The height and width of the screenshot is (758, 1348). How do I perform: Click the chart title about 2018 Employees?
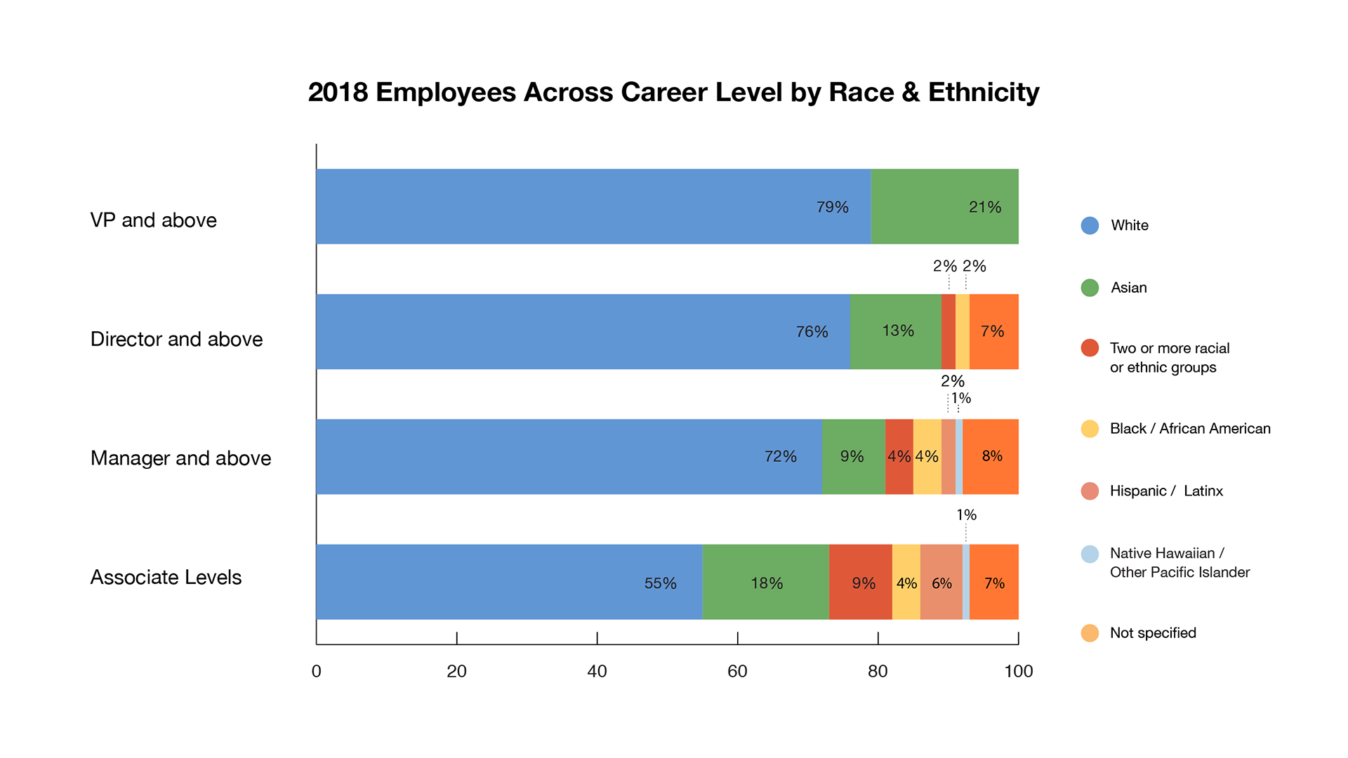[673, 92]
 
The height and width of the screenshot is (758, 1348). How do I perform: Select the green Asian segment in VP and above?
[944, 206]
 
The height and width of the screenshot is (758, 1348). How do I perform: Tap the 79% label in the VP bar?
[833, 207]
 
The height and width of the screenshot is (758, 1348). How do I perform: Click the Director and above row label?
[176, 339]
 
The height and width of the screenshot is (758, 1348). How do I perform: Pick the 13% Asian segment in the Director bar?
[895, 331]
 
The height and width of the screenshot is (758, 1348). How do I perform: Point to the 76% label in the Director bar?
[812, 331]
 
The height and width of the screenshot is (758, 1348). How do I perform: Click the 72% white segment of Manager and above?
[569, 456]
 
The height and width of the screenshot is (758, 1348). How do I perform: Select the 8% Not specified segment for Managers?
[991, 456]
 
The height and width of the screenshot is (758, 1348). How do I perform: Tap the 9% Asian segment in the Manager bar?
[853, 456]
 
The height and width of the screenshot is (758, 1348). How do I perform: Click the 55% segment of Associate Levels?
[509, 582]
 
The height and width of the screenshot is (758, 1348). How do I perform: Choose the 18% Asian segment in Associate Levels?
[765, 582]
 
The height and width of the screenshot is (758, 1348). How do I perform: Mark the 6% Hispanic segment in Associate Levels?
[941, 582]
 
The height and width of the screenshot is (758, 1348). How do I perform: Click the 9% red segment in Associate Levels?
[860, 582]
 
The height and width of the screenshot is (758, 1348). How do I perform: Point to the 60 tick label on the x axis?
[737, 671]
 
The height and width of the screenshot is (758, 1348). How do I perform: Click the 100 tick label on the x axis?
[1018, 671]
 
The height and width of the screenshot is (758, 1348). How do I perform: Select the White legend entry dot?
[1090, 225]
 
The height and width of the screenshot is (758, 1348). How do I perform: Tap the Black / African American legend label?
[1190, 428]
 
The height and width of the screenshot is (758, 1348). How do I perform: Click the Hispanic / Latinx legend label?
[1166, 491]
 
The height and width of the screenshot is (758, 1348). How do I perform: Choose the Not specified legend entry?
[1153, 632]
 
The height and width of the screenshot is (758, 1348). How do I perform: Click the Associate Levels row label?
[166, 577]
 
